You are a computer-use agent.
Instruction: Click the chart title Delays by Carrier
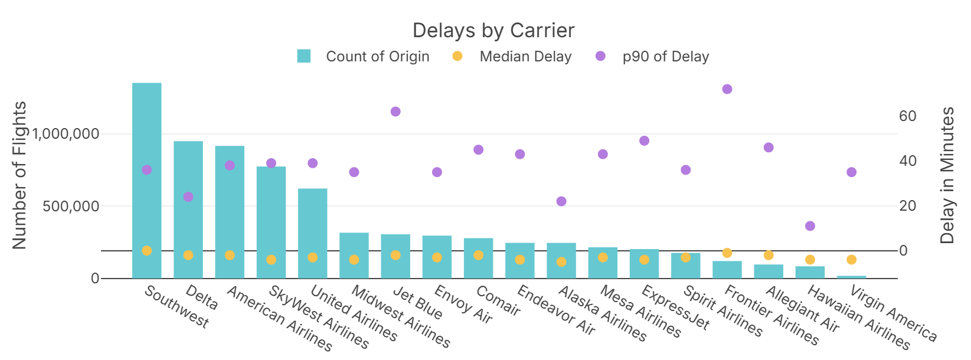click(x=493, y=31)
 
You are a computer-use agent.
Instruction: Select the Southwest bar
click(x=147, y=180)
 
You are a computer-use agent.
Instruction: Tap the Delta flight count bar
click(x=188, y=210)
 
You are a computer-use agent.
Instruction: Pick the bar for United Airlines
click(x=313, y=233)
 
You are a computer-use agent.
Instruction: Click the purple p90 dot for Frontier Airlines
click(x=727, y=89)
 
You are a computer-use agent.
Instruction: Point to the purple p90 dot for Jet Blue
click(x=395, y=112)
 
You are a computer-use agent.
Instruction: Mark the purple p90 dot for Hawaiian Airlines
click(x=810, y=226)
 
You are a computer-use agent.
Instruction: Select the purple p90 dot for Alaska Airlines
click(x=561, y=201)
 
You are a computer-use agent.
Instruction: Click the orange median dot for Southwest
click(x=147, y=251)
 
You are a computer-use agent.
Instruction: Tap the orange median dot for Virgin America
click(x=851, y=260)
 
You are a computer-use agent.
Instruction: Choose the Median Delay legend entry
click(x=525, y=57)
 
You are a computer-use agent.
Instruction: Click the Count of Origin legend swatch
click(x=304, y=57)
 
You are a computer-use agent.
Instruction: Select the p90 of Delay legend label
click(x=666, y=57)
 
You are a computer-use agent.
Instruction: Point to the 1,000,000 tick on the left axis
click(x=66, y=134)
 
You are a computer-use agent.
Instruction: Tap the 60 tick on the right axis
click(x=908, y=116)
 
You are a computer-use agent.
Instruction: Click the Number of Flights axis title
click(x=19, y=175)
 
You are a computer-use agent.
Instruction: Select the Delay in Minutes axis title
click(x=947, y=175)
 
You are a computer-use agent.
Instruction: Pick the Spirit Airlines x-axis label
click(x=722, y=310)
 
